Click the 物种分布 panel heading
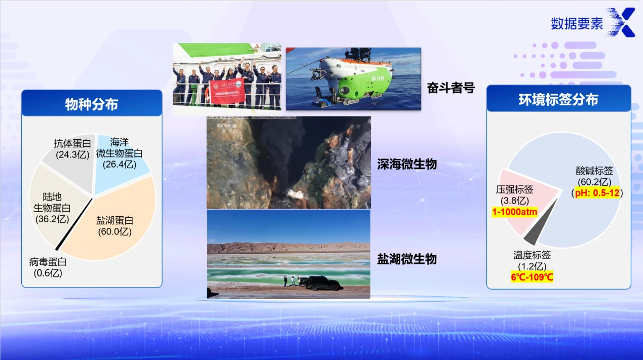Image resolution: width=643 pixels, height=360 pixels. [x=92, y=104]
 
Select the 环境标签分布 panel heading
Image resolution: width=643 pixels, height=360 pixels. [x=558, y=99]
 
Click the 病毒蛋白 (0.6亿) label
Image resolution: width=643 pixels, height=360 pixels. [x=48, y=267]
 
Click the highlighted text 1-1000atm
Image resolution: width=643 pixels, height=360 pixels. [x=514, y=212]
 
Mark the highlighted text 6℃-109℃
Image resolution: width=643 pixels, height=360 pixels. [x=532, y=277]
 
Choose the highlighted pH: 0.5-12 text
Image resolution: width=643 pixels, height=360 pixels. [x=598, y=193]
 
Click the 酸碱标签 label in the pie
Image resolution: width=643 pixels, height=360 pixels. [x=594, y=171]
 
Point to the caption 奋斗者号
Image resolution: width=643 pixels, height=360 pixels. [x=450, y=88]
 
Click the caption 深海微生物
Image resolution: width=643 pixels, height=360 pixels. [x=407, y=164]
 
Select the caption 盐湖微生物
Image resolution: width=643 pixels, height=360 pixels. [x=407, y=259]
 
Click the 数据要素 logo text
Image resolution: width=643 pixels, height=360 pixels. [x=577, y=23]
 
